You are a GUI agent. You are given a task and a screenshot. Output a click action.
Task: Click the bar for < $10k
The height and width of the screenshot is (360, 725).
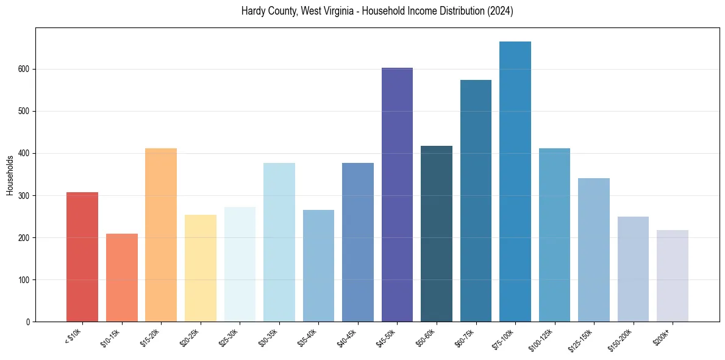82,257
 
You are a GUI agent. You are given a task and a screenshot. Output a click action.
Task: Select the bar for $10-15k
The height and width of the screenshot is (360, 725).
122,278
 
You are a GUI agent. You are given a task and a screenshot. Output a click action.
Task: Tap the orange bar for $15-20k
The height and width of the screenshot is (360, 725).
161,235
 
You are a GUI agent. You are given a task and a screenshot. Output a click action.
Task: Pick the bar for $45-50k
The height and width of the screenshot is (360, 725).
397,195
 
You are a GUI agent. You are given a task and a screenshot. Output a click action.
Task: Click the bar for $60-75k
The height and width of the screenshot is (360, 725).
476,201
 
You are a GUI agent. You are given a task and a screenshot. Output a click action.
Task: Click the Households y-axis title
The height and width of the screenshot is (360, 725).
10,175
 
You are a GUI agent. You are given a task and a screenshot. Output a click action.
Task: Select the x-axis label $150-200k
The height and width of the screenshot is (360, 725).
622,340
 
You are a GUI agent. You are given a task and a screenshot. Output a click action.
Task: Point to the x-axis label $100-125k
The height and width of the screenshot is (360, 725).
543,340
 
